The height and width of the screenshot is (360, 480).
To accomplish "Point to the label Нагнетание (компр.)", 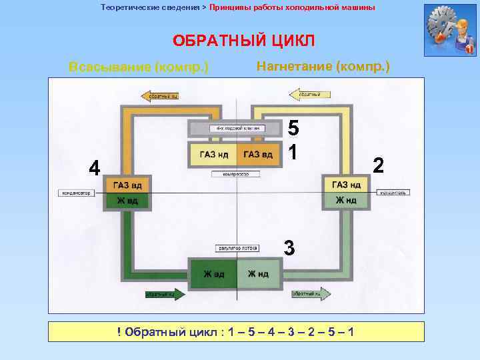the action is pyautogui.click(x=323, y=67).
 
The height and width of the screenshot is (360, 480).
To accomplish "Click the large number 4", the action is pyautogui.click(x=95, y=169).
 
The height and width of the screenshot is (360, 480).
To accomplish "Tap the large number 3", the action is pyautogui.click(x=289, y=247).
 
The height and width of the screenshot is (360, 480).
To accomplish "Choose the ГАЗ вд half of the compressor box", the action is pyautogui.click(x=257, y=155).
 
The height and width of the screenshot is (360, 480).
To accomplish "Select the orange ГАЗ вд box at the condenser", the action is pyautogui.click(x=125, y=185).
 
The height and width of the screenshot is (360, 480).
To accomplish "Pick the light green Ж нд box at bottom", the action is pyautogui.click(x=258, y=274).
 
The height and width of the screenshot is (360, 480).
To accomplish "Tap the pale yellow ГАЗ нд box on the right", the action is pyautogui.click(x=345, y=185).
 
